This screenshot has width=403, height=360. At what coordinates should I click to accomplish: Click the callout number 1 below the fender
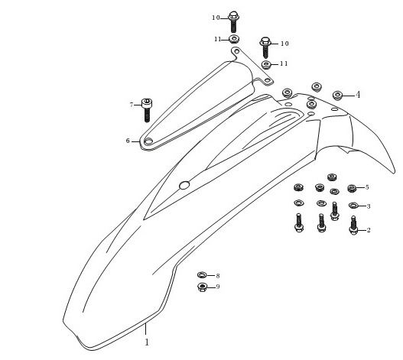[x=147, y=342]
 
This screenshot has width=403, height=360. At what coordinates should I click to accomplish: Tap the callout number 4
[x=358, y=95]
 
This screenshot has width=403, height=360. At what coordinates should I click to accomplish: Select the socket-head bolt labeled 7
[x=147, y=110]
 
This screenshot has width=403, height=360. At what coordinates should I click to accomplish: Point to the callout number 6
[x=128, y=141]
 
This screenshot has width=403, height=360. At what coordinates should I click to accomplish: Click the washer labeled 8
[x=202, y=275]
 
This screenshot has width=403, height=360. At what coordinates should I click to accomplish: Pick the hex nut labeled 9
[x=203, y=287]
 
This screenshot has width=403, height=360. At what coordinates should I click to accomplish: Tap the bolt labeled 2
[x=353, y=225]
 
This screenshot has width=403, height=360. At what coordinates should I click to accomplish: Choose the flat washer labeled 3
[x=353, y=206]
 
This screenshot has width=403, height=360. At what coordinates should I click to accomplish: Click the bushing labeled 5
[x=352, y=188]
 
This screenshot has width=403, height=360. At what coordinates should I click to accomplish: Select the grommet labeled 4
[x=337, y=96]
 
